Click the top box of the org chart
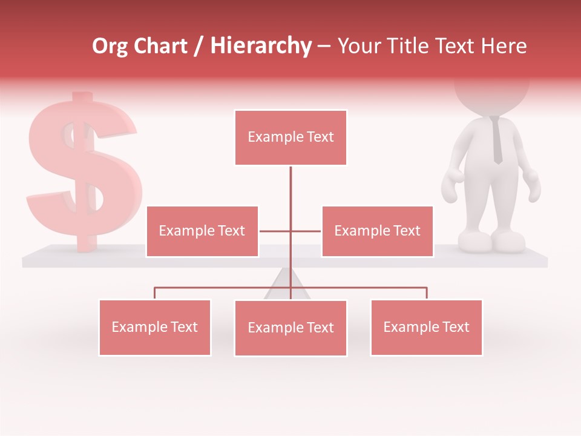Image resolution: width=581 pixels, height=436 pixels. tap(290, 137)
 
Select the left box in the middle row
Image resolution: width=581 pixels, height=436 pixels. tap(202, 231)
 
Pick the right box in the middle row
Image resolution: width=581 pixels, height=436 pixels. tap(377, 231)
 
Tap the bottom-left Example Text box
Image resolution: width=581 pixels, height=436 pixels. tap(155, 327)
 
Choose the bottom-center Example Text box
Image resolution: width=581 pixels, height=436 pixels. tap(290, 328)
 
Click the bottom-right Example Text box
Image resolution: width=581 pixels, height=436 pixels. tap(426, 327)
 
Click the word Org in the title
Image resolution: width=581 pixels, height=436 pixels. tap(110, 46)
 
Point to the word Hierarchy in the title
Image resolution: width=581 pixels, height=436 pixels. tap(260, 46)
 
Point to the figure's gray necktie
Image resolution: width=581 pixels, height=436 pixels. tap(496, 140)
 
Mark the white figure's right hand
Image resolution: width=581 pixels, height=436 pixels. tap(532, 185)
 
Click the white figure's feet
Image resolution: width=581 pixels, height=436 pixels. tap(491, 242)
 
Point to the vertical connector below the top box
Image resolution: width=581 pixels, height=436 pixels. tap(290, 194)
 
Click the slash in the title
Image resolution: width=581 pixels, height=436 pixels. tap(198, 46)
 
